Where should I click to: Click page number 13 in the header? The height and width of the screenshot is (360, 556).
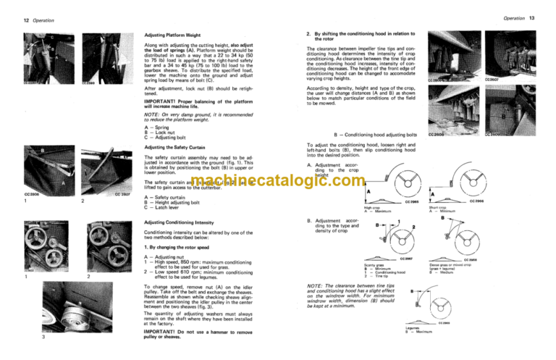[544, 16]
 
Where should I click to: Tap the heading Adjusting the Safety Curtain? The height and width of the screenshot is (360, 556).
[177, 147]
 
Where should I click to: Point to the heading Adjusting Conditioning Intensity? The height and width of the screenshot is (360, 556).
[182, 222]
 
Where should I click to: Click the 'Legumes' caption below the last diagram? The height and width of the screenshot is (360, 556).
[416, 327]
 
